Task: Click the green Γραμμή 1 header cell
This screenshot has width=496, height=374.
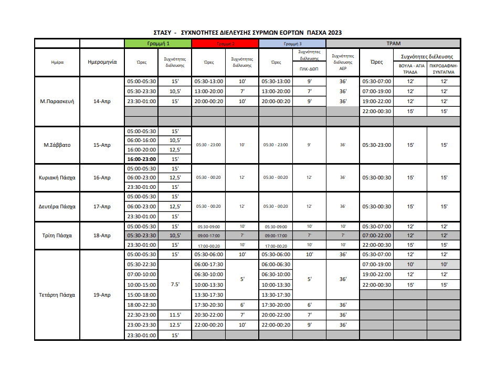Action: (x=159, y=44)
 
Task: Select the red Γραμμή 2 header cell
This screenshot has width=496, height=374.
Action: (x=226, y=44)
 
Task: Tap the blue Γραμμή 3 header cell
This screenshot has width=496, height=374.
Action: (x=292, y=44)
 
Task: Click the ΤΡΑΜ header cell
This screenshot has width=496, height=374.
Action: (x=393, y=44)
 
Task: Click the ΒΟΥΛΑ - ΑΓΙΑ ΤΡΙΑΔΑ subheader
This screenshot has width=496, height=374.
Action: (x=410, y=69)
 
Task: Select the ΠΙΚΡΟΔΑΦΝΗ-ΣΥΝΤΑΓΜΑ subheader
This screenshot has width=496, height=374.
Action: (x=444, y=69)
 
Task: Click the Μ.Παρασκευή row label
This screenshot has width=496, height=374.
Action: (x=58, y=102)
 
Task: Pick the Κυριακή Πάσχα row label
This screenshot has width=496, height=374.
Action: (x=58, y=178)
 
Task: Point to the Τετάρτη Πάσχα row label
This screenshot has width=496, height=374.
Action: (x=58, y=295)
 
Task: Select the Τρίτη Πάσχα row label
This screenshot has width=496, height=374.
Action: (x=58, y=236)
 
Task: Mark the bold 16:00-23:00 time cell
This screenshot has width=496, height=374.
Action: (x=142, y=159)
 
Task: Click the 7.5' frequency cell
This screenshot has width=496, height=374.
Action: (x=175, y=285)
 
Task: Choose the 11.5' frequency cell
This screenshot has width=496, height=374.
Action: (x=175, y=315)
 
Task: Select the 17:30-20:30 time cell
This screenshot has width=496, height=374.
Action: (x=209, y=305)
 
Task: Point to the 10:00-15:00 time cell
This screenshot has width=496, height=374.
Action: (x=142, y=285)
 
